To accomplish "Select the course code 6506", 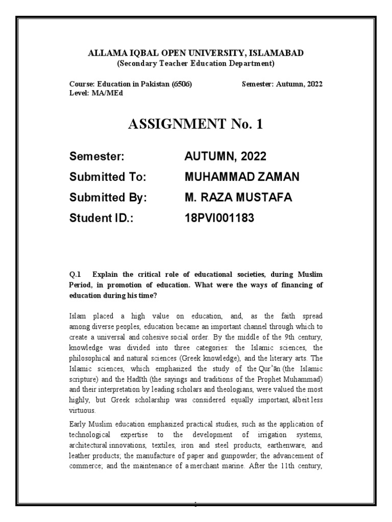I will [x=182, y=84].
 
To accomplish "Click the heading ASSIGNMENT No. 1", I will [x=195, y=124].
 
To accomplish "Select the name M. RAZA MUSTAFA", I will [x=238, y=198].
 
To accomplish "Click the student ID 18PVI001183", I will [x=219, y=219].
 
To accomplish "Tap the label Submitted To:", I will [x=108, y=177].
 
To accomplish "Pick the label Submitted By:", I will [x=108, y=198].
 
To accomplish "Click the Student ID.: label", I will [x=104, y=219].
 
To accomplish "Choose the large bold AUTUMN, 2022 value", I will [x=225, y=156].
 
